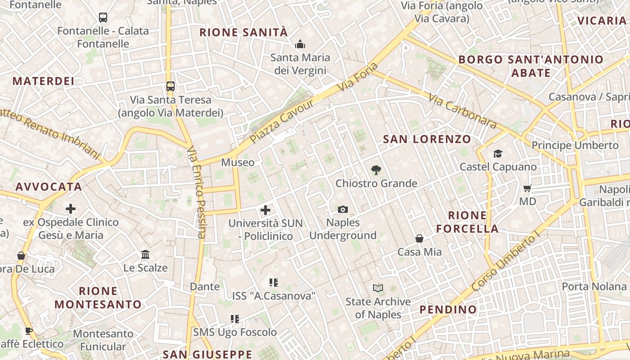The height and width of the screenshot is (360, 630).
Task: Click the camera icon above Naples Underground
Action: [343, 209]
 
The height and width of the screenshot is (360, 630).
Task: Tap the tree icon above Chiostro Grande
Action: [376, 170]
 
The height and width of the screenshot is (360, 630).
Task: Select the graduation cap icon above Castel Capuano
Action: [498, 154]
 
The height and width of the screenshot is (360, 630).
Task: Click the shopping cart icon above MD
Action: [527, 188]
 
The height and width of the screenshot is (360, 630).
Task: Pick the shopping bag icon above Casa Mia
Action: [419, 238]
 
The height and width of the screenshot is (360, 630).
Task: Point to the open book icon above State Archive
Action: [378, 288]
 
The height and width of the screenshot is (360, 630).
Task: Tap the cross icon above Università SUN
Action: [265, 210]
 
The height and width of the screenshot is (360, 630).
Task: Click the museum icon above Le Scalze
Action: [145, 255]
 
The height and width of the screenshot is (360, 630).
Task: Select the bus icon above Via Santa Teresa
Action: [170, 86]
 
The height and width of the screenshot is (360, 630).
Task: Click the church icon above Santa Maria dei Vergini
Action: [300, 44]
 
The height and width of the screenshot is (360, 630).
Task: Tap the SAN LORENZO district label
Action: [427, 139]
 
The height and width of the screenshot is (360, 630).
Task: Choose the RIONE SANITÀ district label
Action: [243, 32]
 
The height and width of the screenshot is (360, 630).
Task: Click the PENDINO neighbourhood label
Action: [448, 310]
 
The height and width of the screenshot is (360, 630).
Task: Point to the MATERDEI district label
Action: [43, 81]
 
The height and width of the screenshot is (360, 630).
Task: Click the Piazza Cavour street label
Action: [282, 121]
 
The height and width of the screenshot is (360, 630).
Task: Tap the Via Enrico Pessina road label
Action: [197, 191]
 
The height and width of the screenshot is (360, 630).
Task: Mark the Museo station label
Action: [238, 162]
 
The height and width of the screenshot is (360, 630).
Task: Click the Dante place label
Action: [205, 287]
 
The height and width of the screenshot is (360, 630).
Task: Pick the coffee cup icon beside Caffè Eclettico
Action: [29, 331]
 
